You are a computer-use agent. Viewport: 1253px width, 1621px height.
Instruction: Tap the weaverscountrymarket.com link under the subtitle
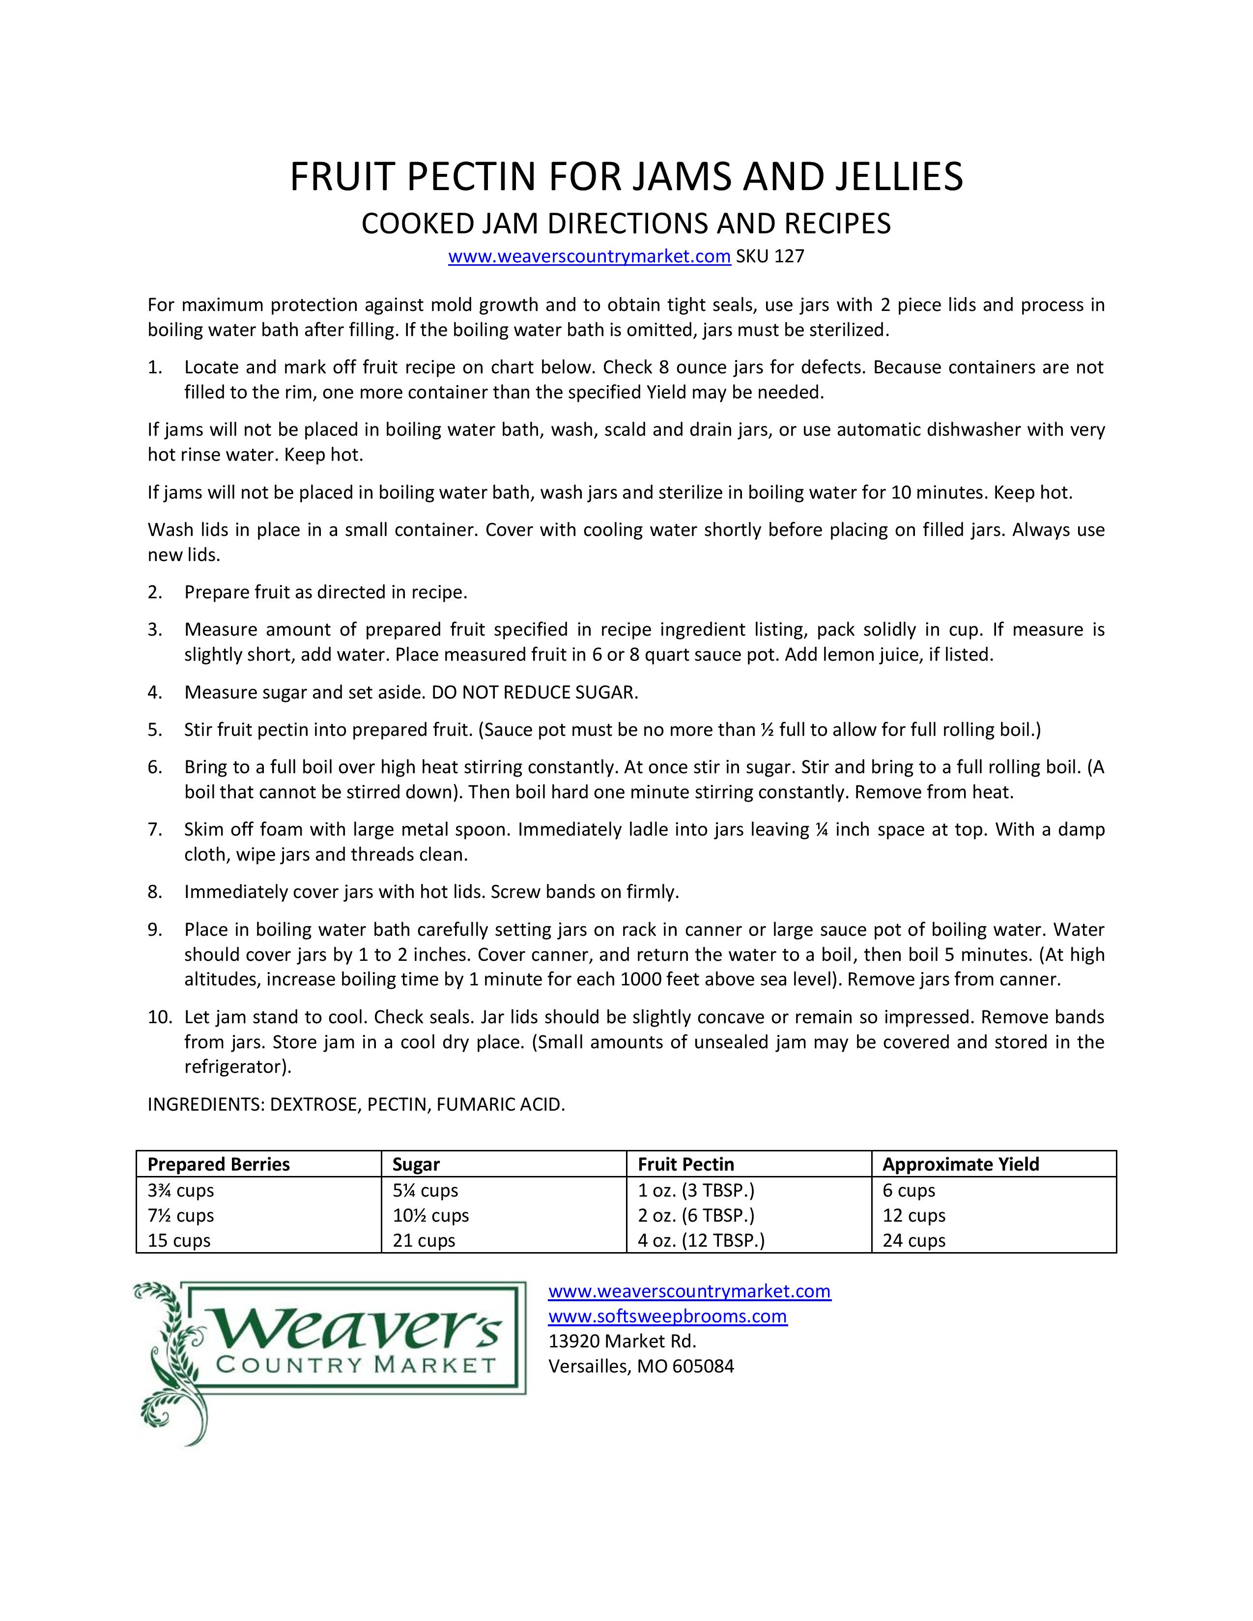589,257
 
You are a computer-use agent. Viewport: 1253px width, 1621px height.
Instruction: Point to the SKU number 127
788,257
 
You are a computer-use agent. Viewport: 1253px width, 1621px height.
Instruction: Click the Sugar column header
416,1165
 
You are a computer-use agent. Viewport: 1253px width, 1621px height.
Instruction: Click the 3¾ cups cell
180,1191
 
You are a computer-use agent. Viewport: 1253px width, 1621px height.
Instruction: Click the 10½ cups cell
430,1216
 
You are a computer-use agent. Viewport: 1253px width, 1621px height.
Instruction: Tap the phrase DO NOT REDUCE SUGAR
535,693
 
